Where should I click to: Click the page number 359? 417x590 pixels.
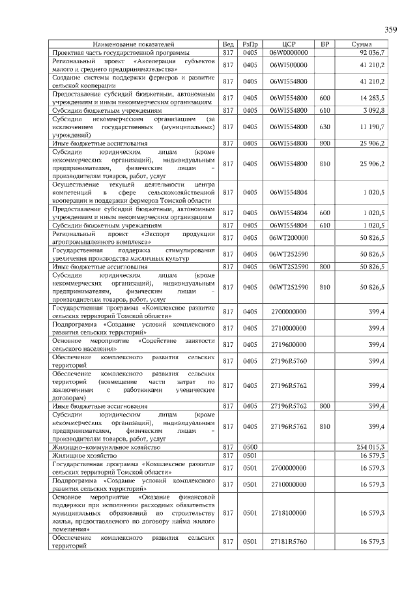pos(390,29)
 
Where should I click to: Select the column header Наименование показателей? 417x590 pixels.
pos(136,44)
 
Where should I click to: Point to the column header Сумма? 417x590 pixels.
pos(362,44)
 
